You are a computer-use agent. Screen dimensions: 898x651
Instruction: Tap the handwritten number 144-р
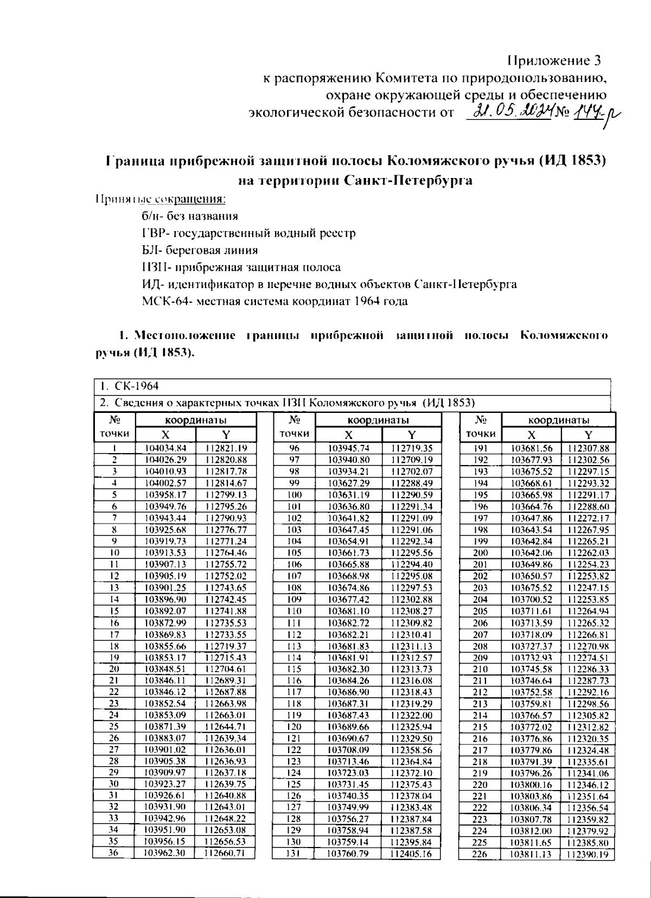[x=597, y=114]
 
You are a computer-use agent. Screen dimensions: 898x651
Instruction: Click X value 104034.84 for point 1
[x=165, y=448]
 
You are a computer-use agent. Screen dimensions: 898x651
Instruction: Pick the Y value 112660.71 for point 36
[x=226, y=853]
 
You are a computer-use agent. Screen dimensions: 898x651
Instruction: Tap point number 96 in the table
[x=293, y=448]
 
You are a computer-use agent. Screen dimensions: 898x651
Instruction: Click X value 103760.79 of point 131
[x=349, y=854]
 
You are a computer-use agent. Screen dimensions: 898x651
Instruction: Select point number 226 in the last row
[x=481, y=855]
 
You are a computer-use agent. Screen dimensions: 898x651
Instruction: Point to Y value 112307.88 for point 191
[x=588, y=448]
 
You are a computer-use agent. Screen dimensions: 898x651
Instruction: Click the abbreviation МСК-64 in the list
[x=158, y=301]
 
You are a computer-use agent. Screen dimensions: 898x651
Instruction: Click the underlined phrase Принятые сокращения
[x=160, y=199]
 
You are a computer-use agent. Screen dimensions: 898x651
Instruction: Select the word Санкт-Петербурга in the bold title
[x=409, y=181]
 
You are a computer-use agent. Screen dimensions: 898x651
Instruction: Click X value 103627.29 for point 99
[x=349, y=483]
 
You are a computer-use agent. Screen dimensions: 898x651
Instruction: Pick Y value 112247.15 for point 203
[x=588, y=588]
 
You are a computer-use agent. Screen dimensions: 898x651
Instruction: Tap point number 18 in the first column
[x=114, y=646]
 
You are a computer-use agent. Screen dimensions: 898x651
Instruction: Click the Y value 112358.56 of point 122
[x=411, y=750]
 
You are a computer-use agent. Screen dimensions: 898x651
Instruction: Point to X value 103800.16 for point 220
[x=531, y=785]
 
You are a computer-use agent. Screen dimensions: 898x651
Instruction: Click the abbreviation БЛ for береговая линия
[x=149, y=251]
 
